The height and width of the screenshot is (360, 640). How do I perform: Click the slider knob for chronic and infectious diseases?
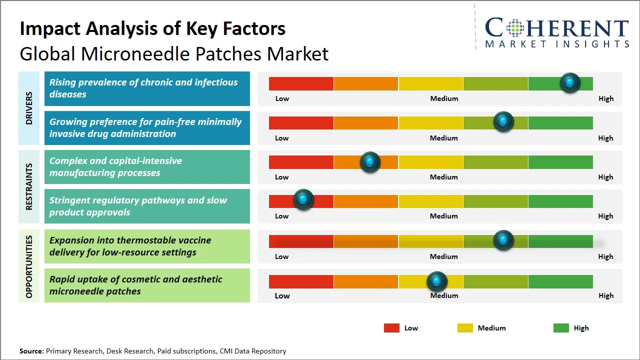[x=570, y=83]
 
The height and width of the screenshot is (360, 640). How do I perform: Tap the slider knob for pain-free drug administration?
[x=503, y=122]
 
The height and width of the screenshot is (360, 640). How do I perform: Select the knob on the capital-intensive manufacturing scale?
[x=370, y=162]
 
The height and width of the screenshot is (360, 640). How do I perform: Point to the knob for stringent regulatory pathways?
[x=303, y=200]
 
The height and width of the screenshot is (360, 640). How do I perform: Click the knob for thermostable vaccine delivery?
[x=503, y=240]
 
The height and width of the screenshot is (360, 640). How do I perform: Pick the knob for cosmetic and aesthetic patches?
[x=437, y=282]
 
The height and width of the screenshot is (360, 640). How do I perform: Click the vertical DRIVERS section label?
[x=29, y=107]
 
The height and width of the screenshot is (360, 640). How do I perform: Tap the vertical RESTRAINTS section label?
[x=29, y=186]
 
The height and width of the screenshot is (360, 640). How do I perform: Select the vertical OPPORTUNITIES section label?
[x=29, y=266]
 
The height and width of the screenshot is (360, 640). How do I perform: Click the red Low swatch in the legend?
[x=391, y=328]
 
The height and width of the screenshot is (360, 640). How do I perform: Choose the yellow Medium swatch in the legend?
[x=465, y=328]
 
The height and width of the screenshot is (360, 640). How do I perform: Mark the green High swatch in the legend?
[x=561, y=328]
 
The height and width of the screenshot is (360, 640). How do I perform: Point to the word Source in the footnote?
[x=31, y=351]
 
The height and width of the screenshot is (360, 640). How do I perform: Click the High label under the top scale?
[x=606, y=98]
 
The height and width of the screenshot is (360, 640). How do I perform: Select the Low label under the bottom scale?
[x=282, y=295]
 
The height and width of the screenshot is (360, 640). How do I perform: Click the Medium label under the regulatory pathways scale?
[x=444, y=216]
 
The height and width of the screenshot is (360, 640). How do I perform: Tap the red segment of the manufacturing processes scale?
[x=301, y=162]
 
